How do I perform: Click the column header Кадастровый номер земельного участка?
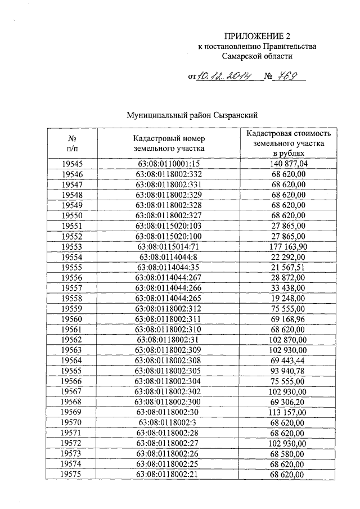click(169, 143)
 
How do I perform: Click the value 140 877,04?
click(288, 164)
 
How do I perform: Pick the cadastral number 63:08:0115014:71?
click(169, 246)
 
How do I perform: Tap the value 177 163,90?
click(288, 246)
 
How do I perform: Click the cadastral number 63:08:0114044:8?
click(169, 256)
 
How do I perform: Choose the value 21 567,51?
click(288, 267)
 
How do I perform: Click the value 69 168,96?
click(288, 319)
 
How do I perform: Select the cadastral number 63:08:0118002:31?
click(169, 340)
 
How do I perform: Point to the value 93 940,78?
click(288, 371)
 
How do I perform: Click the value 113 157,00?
click(288, 412)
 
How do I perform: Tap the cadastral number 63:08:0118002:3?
click(169, 422)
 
